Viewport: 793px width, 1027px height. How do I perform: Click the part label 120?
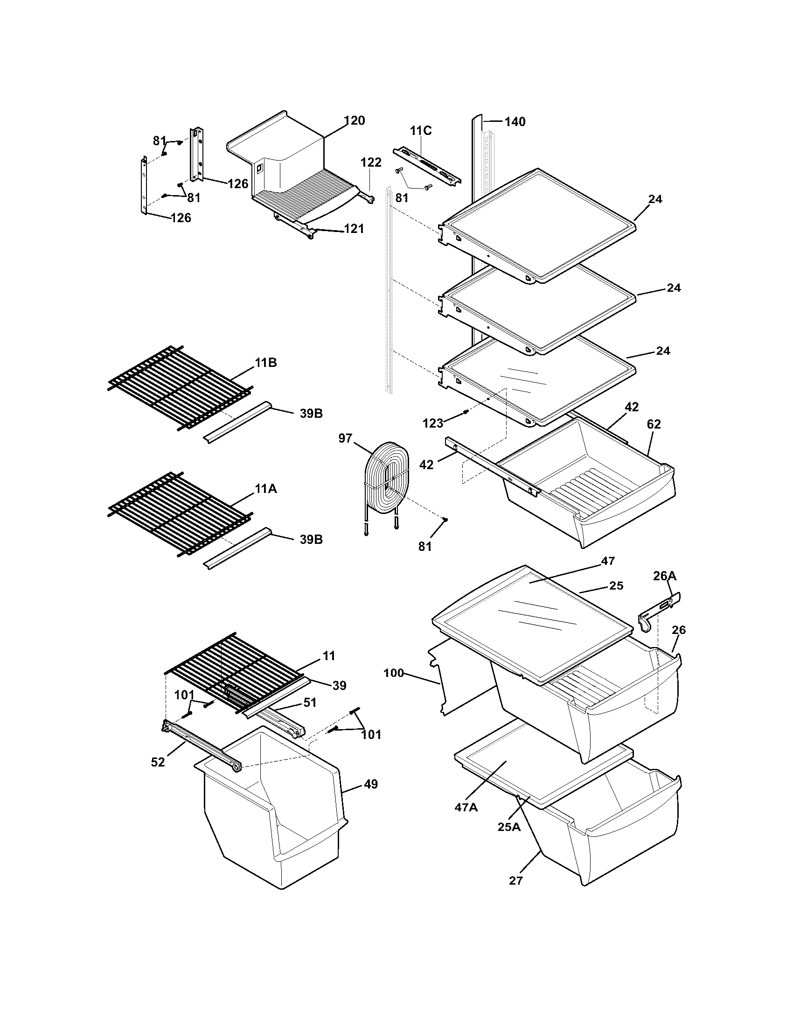point(354,121)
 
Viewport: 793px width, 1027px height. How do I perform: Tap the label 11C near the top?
point(420,131)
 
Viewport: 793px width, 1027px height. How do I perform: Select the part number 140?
point(515,122)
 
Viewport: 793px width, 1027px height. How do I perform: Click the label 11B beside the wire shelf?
point(266,363)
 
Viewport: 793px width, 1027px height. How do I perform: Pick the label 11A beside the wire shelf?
point(266,489)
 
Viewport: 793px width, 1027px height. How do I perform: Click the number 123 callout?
point(433,423)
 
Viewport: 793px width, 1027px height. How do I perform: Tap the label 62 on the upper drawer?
point(654,424)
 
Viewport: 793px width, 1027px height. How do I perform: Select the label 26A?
point(665,576)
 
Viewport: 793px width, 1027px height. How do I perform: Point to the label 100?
point(394,673)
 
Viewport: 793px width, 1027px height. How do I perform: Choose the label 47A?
point(466,808)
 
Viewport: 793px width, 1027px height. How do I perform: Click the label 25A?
point(509,827)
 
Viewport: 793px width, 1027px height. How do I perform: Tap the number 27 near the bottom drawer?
point(515,881)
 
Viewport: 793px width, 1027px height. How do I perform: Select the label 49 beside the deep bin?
point(371,784)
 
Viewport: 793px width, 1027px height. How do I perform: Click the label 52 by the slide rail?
point(158,762)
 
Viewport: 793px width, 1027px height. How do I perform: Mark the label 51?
point(310,703)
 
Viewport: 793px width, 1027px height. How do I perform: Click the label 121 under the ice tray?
point(354,229)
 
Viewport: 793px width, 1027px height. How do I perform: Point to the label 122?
point(371,163)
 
